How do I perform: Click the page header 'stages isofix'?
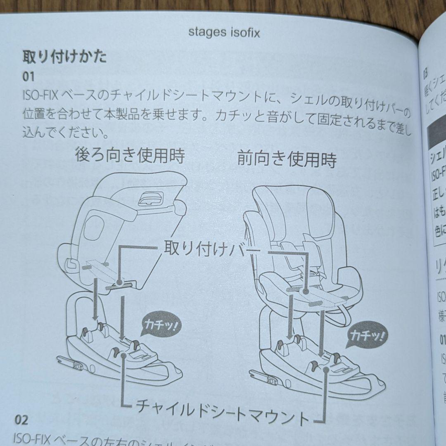(224, 32)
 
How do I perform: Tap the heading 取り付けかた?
(64, 57)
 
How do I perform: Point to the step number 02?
(22, 420)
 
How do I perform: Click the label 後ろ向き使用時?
(130, 156)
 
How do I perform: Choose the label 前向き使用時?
(287, 159)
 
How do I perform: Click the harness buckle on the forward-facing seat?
(315, 275)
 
